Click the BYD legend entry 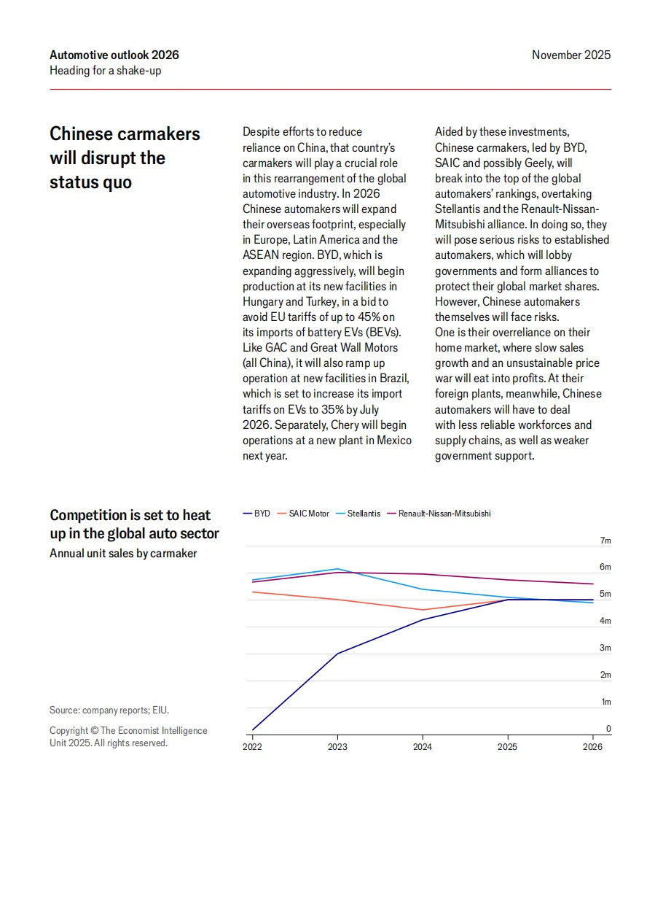click(256, 514)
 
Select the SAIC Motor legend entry click(303, 514)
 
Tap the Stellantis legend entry click(358, 514)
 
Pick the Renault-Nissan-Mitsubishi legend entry click(439, 514)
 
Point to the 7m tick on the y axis click(605, 541)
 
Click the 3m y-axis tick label click(605, 648)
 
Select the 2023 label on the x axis click(337, 747)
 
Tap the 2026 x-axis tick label click(592, 747)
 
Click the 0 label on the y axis click(608, 729)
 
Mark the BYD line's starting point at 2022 click(252, 729)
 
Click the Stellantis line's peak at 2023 click(337, 569)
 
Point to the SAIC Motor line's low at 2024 click(423, 610)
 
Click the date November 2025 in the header click(571, 55)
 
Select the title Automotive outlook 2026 click(114, 55)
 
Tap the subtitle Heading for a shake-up click(106, 71)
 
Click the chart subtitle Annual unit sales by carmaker click(123, 553)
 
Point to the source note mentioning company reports click(109, 710)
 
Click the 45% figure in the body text click(369, 317)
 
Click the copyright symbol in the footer click(95, 730)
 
